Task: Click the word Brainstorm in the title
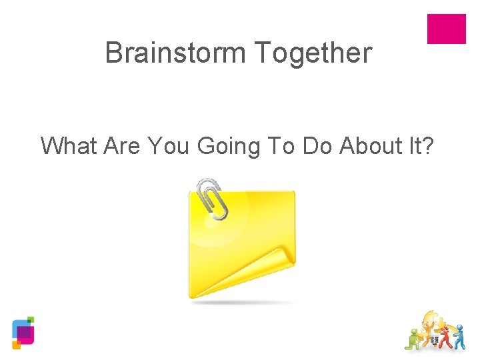click(175, 53)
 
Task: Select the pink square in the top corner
click(446, 29)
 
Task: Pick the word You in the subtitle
click(170, 145)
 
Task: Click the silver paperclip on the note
click(212, 198)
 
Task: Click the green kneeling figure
click(415, 339)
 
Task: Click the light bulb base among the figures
click(435, 340)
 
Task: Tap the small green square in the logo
click(30, 320)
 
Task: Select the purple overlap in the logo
click(24, 332)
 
